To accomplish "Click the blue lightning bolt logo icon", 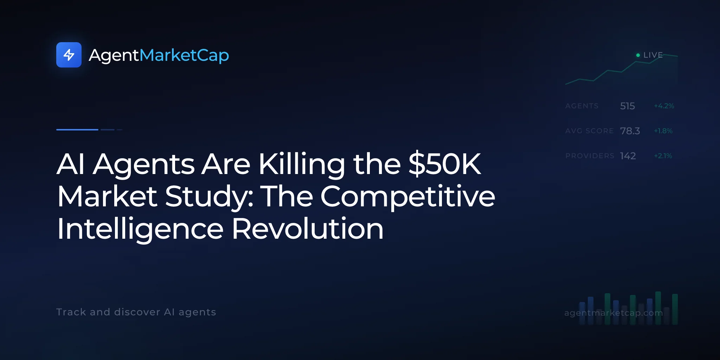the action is (69, 55).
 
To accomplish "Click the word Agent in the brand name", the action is (114, 56).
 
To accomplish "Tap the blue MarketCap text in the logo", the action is (184, 56).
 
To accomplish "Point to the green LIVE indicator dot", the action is (638, 55).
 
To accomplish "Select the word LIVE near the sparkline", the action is (653, 55).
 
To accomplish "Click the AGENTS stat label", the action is (582, 106).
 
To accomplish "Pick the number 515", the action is (628, 106).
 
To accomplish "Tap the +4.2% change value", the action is (664, 106).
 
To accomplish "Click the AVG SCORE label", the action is (590, 131).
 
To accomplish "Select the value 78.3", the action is (630, 131).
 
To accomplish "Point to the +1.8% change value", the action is (663, 131).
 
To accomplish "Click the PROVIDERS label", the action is (590, 156).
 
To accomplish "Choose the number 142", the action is (628, 156).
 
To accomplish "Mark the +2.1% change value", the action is (663, 156).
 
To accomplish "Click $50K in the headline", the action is (445, 164).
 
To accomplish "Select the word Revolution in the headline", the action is (308, 229).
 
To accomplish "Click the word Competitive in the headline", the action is (408, 197).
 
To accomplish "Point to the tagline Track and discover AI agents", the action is (136, 312).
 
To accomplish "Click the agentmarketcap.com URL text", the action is (613, 313).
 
